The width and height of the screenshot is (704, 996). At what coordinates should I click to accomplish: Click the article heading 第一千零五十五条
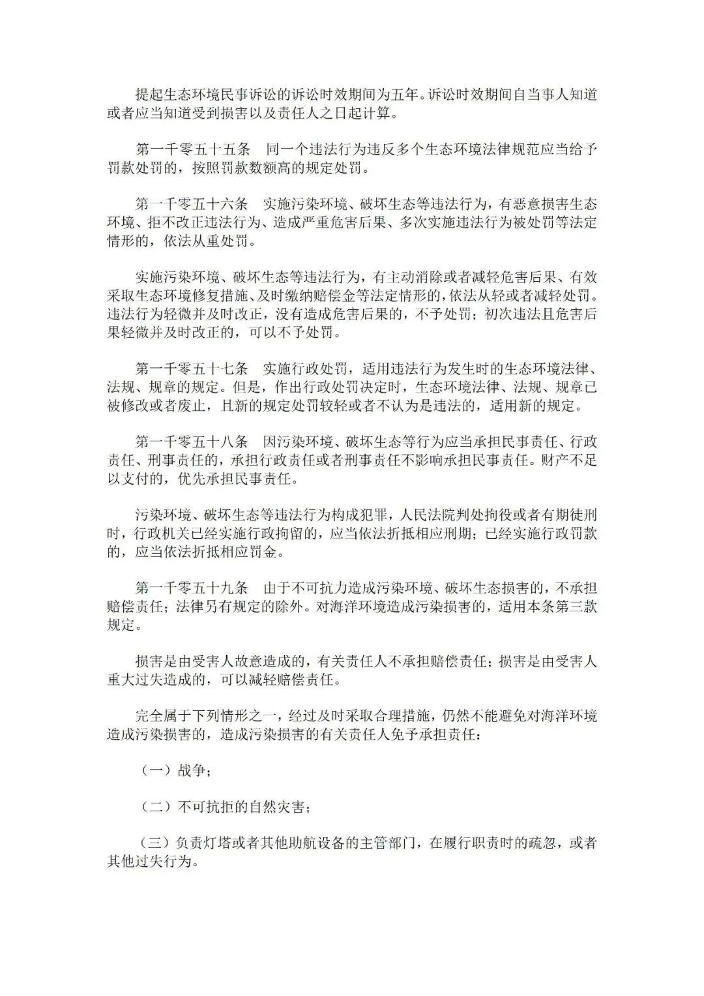click(192, 149)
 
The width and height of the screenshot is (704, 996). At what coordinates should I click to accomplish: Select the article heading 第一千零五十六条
click(192, 204)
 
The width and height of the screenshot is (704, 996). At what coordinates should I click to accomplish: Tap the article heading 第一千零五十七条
click(192, 368)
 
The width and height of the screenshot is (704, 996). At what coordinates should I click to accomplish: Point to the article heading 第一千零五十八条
click(192, 441)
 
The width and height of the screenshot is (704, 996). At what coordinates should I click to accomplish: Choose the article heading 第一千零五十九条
click(192, 588)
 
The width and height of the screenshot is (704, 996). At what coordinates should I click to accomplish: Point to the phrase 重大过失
click(135, 680)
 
